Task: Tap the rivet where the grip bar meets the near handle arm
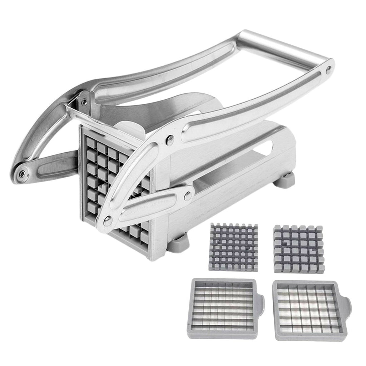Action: point(328,70)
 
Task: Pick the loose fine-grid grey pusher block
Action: point(233,242)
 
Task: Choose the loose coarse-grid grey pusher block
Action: point(298,249)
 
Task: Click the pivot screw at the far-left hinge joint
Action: point(22,174)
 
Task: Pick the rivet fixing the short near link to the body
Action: point(187,195)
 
